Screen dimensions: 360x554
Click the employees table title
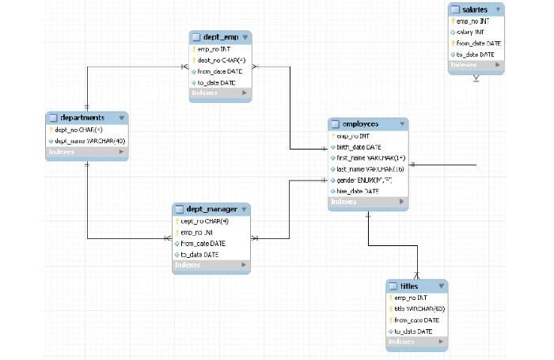pos(360,124)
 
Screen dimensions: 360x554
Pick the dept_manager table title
pos(211,209)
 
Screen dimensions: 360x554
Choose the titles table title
pos(409,285)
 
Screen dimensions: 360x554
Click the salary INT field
pos(472,32)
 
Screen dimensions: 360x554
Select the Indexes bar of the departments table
pos(86,152)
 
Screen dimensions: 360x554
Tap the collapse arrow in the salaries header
pos(499,9)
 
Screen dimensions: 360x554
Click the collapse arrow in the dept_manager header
pos(245,210)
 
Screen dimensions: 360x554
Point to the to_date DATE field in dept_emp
pos(216,82)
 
